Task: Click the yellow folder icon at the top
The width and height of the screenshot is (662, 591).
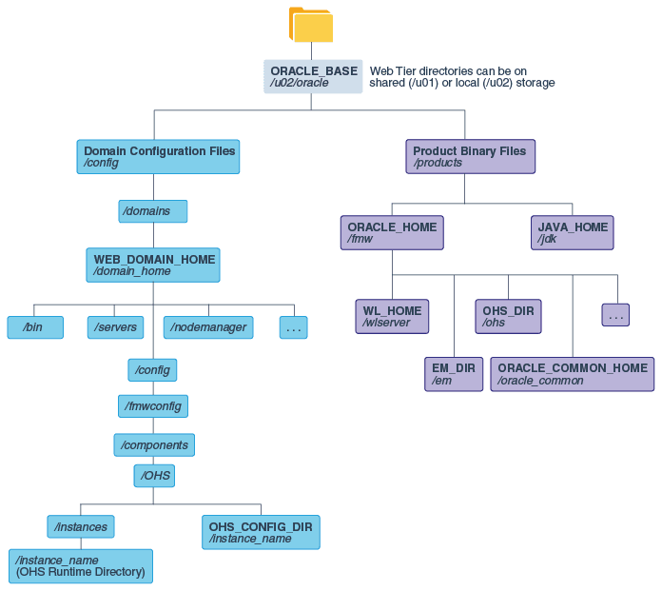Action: coord(311,26)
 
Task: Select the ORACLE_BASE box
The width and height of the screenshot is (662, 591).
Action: coord(313,77)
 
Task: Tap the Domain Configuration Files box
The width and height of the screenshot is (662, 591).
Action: coord(158,157)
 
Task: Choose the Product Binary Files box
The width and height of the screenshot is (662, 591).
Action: coord(470,157)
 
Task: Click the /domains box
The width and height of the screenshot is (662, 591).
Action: coord(152,211)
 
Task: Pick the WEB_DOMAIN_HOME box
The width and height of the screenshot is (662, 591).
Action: coord(154,265)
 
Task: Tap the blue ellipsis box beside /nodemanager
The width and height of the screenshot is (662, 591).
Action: coord(293,327)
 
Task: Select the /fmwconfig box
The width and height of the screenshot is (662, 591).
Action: coord(152,406)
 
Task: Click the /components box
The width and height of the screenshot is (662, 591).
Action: coord(154,444)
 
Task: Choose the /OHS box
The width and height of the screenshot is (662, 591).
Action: coord(155,475)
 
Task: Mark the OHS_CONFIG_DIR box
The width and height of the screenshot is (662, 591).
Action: coord(261,532)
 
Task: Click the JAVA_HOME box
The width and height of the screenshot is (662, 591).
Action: coord(572,233)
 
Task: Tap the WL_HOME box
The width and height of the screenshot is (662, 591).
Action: coord(392,317)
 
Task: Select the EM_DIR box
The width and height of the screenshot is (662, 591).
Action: coord(454,374)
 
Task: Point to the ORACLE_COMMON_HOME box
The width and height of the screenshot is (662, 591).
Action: coord(572,374)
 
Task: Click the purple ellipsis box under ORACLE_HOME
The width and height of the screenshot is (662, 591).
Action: coord(615,315)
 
